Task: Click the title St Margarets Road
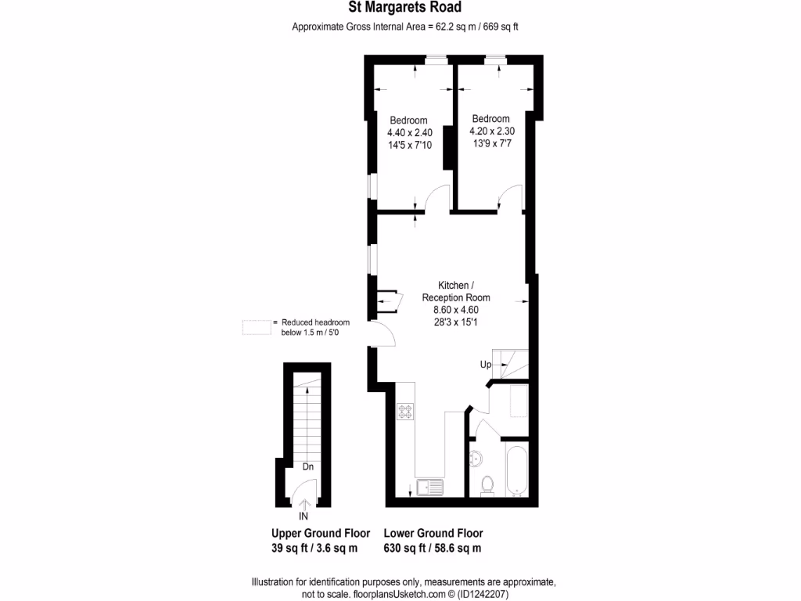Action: tap(404, 8)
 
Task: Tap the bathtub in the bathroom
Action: tap(516, 470)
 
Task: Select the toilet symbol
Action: tap(487, 485)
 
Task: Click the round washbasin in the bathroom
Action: tap(476, 458)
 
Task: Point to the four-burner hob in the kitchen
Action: tap(405, 410)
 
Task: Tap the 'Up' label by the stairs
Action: tap(487, 365)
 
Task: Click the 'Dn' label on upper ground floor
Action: tap(308, 467)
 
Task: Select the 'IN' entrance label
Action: tap(304, 516)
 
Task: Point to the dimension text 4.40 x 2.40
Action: tap(409, 132)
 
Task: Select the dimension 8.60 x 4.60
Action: tap(456, 309)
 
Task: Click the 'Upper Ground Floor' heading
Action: tap(321, 533)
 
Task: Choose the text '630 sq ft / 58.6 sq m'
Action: tap(433, 548)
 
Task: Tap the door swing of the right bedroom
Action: tap(511, 198)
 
